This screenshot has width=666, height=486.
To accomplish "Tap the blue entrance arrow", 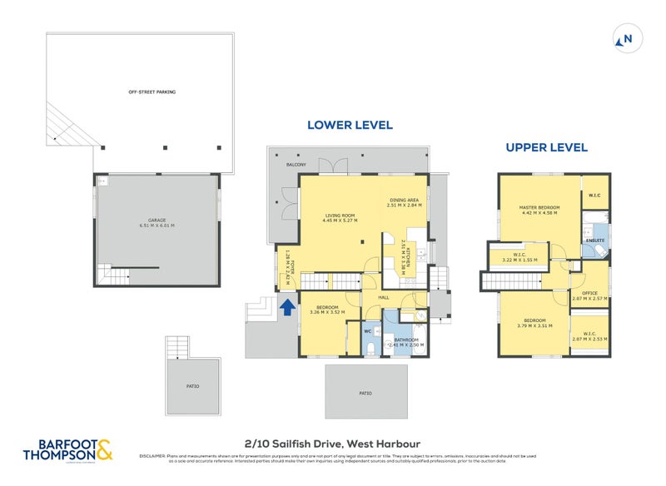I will coord(286,307).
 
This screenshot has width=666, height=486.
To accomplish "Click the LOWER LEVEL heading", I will coord(350,126).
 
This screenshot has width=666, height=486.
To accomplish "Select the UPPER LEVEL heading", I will coord(547,147).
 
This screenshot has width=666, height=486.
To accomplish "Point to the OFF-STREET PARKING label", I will coord(152,92).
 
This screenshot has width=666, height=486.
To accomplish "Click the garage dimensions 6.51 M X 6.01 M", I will coord(157,226).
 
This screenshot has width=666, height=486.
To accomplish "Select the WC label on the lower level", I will coord(367,331).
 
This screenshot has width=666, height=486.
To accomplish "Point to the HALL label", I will coord(384,297).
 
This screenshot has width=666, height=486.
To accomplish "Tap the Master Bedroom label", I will coord(539,210).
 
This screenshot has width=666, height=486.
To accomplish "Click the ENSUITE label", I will coord(594,241).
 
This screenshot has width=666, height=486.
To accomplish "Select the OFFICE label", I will coord(589,293).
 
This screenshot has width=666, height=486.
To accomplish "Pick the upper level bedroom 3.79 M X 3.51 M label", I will coord(534,324).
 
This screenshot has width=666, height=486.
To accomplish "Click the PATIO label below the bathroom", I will coord(365,393).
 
